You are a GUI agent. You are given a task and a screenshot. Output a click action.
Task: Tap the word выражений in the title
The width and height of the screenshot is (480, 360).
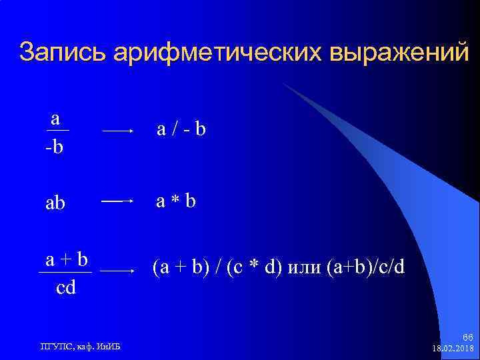(x=398, y=53)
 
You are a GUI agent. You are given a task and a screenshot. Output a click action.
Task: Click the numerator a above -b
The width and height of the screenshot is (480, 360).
(x=56, y=119)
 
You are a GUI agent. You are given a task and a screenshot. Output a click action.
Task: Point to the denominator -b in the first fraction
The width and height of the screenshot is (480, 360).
(x=55, y=145)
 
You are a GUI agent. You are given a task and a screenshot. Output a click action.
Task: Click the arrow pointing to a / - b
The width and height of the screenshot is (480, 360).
(x=118, y=132)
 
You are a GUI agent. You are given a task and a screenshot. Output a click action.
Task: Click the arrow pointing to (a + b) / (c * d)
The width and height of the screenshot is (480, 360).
(x=118, y=271)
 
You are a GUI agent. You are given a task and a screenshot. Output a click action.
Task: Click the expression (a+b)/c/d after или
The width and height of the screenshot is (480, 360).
(x=365, y=268)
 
